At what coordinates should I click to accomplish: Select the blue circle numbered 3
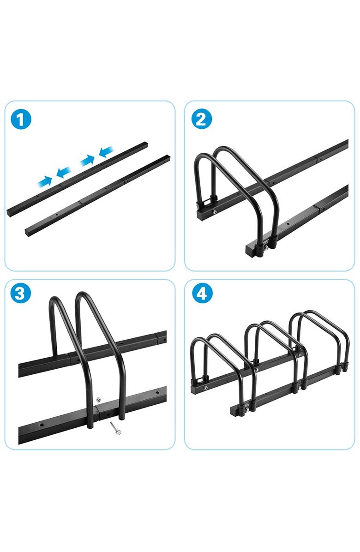20,294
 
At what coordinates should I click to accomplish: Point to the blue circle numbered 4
201,294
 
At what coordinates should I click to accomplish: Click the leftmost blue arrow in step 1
44,181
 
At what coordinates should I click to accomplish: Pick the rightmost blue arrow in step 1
106,150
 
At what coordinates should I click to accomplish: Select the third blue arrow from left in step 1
87,160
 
